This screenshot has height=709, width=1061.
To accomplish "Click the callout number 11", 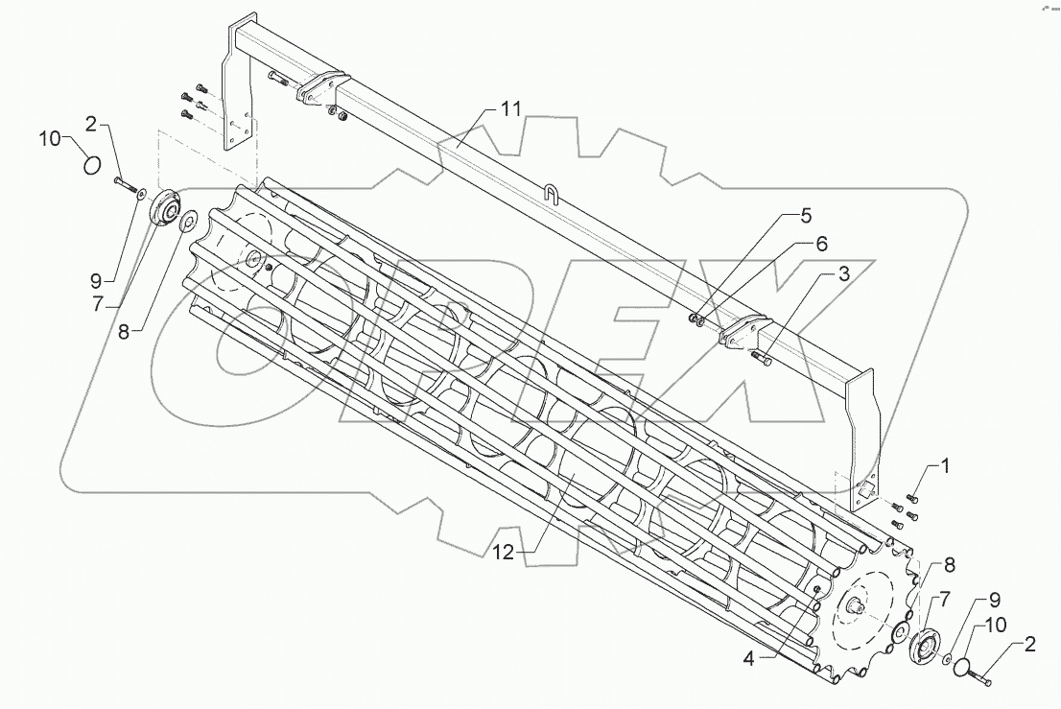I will pyautogui.click(x=509, y=108).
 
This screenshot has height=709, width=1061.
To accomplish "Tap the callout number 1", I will pyautogui.click(x=945, y=466).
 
